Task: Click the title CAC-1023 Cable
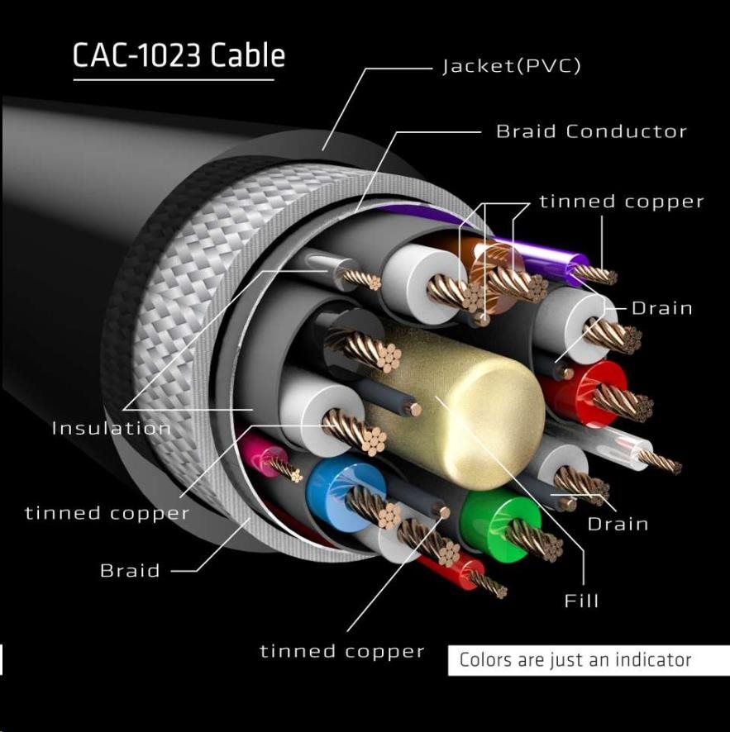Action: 179,55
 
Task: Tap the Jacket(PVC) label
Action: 512,67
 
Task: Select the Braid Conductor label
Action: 591,131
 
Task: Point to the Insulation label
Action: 111,428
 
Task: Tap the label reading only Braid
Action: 130,570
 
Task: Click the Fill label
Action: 581,601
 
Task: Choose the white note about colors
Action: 575,660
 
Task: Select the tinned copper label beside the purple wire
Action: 622,202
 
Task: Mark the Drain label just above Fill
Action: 618,524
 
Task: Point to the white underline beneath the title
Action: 174,80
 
